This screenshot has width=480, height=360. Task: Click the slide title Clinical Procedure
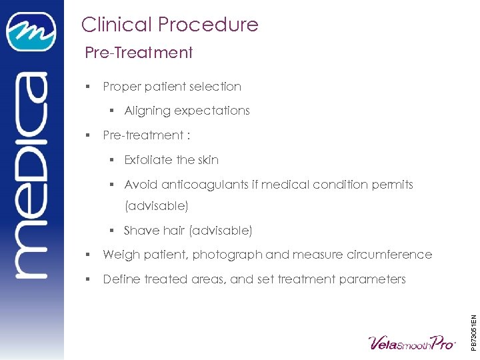169,25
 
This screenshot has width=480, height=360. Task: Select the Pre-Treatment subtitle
139,53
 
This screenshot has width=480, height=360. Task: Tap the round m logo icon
31,31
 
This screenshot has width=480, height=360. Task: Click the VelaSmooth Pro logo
411,342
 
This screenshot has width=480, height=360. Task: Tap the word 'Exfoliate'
148,160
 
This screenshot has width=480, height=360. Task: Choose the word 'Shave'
141,231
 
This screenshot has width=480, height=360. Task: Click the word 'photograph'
233,255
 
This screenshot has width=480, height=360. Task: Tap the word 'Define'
122,279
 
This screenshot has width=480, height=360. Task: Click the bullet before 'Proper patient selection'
88,87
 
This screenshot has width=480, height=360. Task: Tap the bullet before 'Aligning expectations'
113,111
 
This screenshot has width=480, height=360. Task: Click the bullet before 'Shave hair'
113,231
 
